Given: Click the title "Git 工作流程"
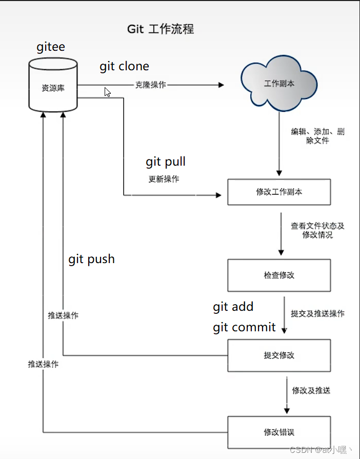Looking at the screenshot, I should [161, 29].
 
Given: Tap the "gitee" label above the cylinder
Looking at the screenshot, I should [51, 47].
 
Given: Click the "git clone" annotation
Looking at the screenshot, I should [124, 66].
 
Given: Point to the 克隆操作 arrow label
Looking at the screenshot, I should [150, 85].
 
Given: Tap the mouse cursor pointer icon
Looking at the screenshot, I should [107, 92].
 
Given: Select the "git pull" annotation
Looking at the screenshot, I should [165, 162].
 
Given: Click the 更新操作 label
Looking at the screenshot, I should [164, 179].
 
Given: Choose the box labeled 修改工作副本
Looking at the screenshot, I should [279, 192].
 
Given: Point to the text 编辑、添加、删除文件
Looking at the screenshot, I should [317, 136].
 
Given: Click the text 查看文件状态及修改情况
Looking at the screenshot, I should [317, 230].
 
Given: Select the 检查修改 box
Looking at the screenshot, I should [279, 275].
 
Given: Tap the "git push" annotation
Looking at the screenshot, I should [91, 259].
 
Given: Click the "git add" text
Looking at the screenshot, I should [233, 307].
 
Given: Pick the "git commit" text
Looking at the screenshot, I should [244, 327].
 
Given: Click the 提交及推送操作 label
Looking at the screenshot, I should [317, 313].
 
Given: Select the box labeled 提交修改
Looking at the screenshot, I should [279, 355].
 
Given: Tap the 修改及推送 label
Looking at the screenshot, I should [311, 390].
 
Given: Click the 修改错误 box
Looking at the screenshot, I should [279, 431].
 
